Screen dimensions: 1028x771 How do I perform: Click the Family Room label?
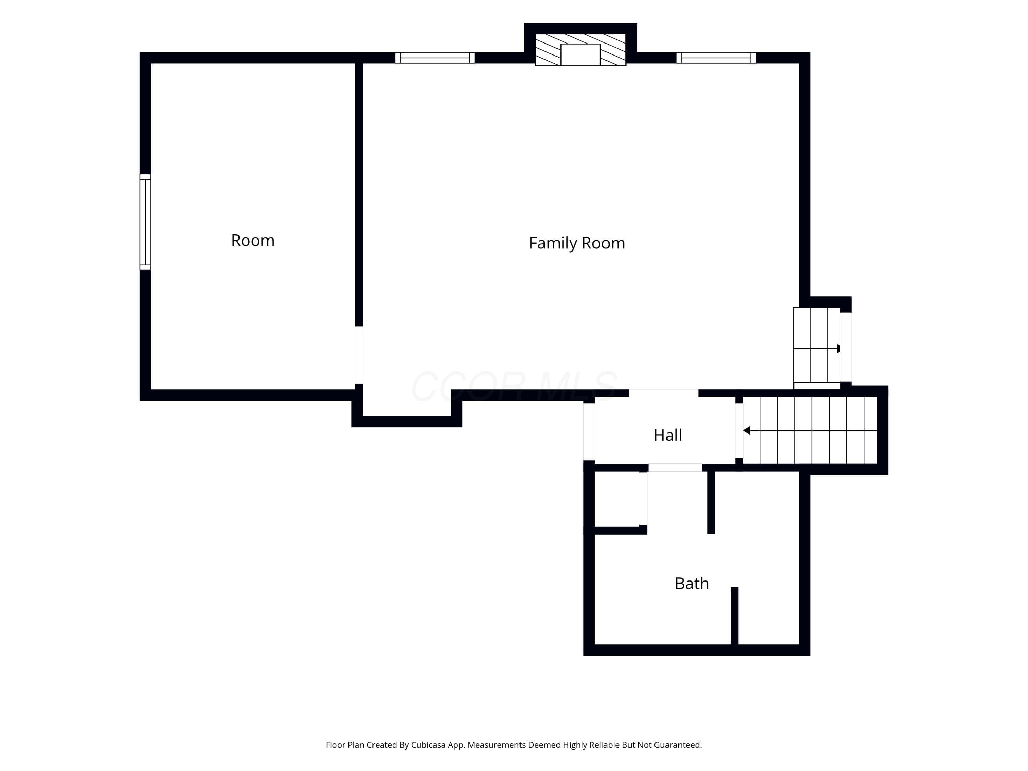[x=577, y=243]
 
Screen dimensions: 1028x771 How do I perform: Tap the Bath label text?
[x=692, y=583]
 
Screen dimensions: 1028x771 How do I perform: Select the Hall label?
[x=668, y=435]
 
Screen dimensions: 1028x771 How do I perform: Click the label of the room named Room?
[x=253, y=240]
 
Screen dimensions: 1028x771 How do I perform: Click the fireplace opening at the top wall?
[x=580, y=55]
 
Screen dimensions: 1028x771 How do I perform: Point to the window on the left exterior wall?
[x=146, y=222]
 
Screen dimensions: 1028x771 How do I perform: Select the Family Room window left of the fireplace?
[x=435, y=58]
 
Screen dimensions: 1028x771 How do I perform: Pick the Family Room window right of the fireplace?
[x=716, y=58]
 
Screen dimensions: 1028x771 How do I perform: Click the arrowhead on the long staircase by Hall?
[x=746, y=430]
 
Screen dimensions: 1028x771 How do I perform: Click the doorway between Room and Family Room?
[x=358, y=355]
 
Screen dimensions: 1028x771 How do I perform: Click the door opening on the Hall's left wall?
[x=589, y=432]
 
